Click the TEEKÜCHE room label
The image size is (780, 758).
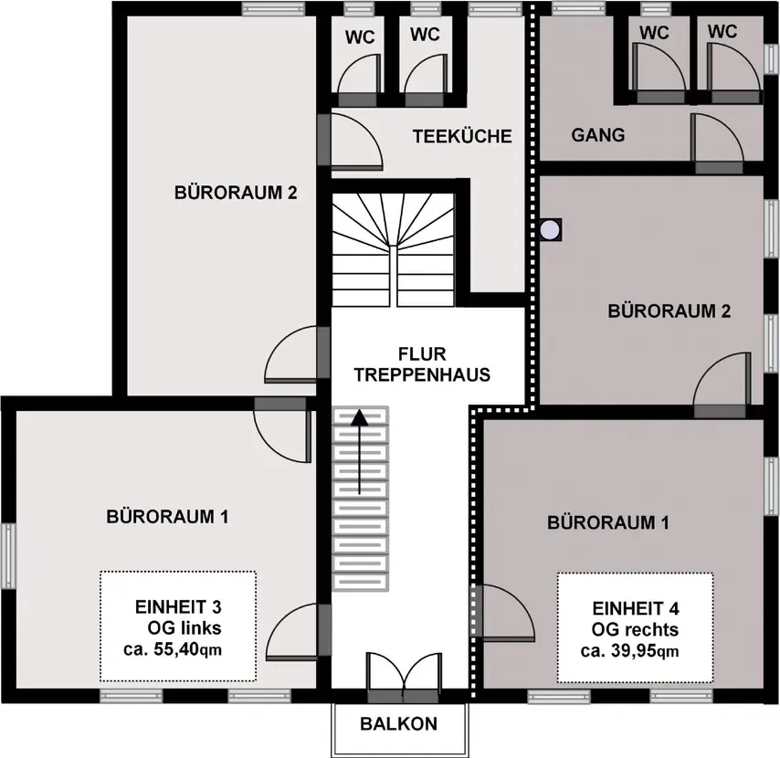[x=462, y=136]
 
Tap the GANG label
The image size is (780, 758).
[x=598, y=135]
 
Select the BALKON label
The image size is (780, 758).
[x=399, y=723]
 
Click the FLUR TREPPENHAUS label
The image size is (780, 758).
[x=422, y=364]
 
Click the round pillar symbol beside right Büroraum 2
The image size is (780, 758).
[x=550, y=230]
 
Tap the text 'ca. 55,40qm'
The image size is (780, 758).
[x=173, y=649]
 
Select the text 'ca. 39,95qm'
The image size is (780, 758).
[x=630, y=650]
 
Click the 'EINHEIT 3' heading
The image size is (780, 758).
[x=178, y=606]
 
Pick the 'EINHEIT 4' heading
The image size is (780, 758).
[x=636, y=608]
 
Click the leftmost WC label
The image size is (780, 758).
[x=360, y=37]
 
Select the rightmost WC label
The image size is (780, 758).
[x=722, y=31]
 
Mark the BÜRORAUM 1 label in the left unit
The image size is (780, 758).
[x=168, y=517]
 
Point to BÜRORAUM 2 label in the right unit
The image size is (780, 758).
[x=669, y=311]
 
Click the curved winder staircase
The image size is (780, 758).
[x=393, y=249]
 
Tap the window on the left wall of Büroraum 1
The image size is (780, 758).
[x=8, y=555]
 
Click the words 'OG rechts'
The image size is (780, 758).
[x=635, y=629]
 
